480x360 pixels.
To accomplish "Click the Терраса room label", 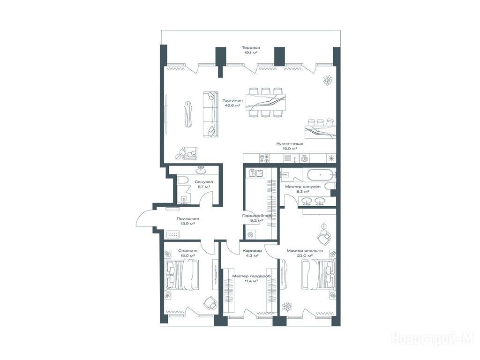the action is point(251,48).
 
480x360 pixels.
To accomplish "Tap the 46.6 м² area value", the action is point(232,105).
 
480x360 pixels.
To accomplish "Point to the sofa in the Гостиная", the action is point(210,114).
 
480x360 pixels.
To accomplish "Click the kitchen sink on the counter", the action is point(292,158).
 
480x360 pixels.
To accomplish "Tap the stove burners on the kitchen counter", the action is point(264,158).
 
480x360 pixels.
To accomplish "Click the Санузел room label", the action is point(203,182).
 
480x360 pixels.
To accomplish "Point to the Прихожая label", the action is point(187,218).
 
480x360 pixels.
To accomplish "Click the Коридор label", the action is point(252,250).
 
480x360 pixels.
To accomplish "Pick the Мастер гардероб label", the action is point(252,276).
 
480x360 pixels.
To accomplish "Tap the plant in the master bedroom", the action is point(287,306).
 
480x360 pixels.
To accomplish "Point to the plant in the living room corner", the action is point(328,80).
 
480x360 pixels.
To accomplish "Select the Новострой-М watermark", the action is point(433,339).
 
